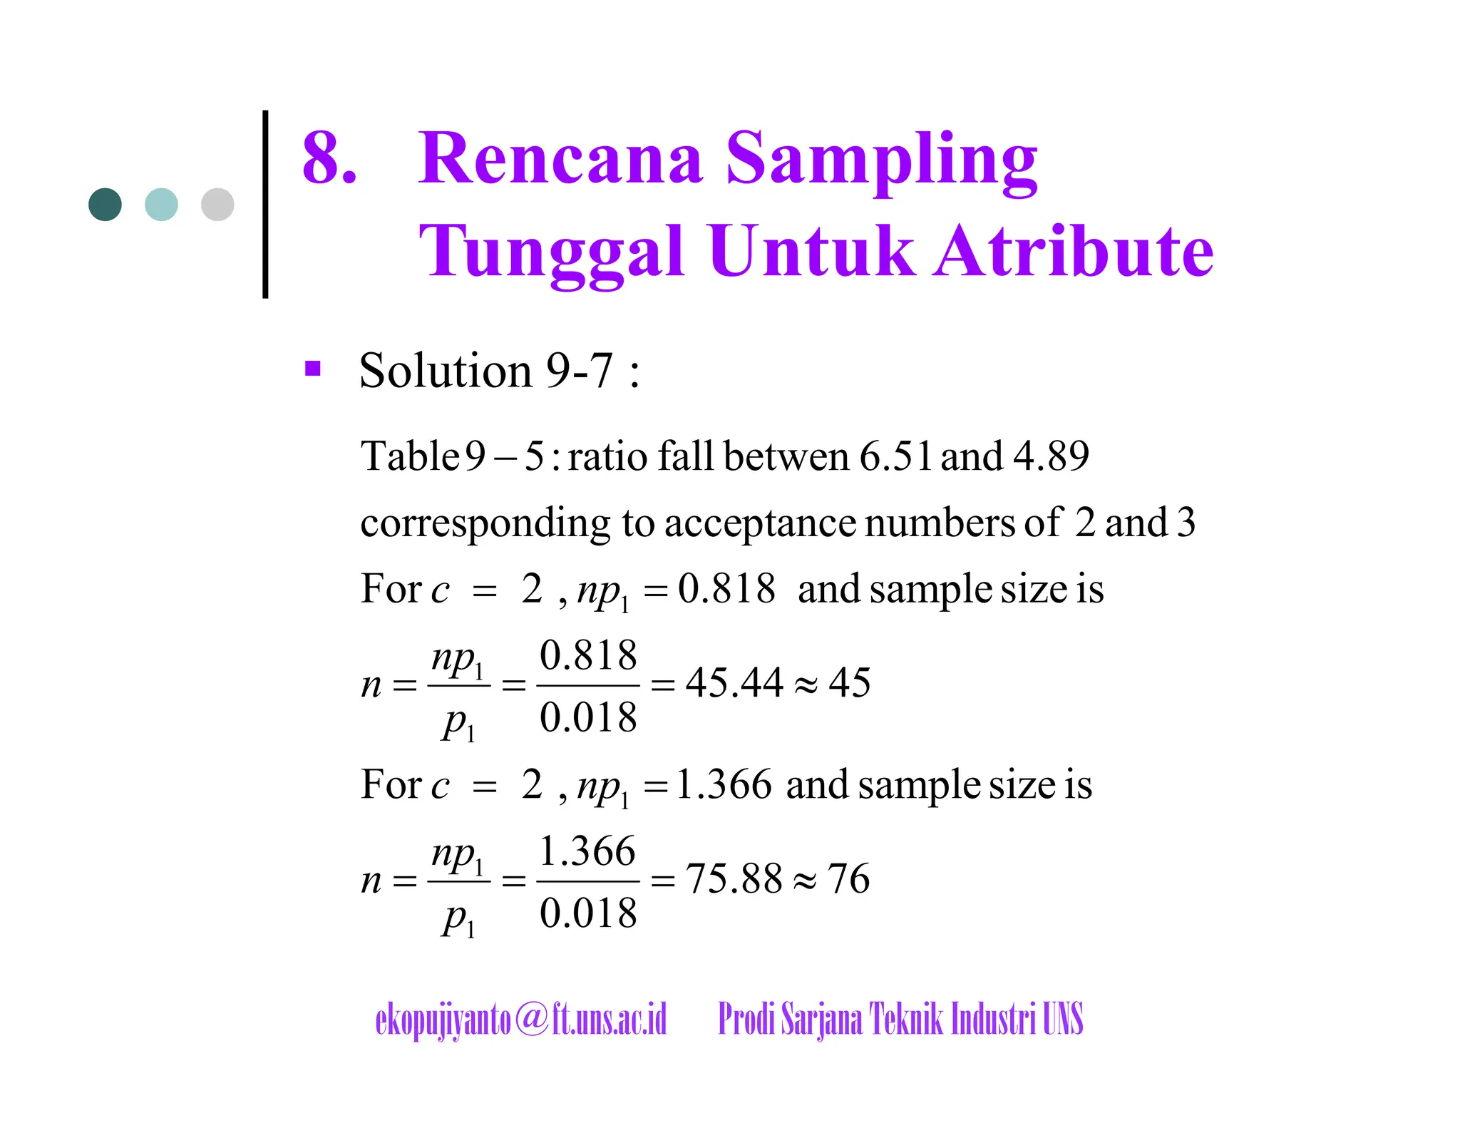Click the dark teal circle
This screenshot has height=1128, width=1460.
[105, 205]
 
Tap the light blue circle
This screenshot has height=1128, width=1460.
[161, 205]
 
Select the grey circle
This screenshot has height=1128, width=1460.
[217, 205]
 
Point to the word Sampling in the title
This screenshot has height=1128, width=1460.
[881, 160]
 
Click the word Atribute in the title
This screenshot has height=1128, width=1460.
[1074, 251]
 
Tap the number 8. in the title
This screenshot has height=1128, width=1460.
[329, 158]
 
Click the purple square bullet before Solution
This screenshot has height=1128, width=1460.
[312, 369]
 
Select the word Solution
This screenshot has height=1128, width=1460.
[446, 371]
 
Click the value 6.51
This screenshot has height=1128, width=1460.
[895, 456]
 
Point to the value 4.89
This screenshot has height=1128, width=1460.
[1051, 456]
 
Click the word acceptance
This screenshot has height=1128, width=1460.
[760, 523]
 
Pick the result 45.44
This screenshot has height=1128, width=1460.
[734, 683]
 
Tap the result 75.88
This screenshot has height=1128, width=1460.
[734, 878]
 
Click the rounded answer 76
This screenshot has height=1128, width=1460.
[848, 878]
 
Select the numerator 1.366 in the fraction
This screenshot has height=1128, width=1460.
[587, 851]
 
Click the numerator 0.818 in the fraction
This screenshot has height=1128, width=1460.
[588, 655]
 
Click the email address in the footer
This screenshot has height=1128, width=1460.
[521, 1019]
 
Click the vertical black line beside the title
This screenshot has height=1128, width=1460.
[265, 204]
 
